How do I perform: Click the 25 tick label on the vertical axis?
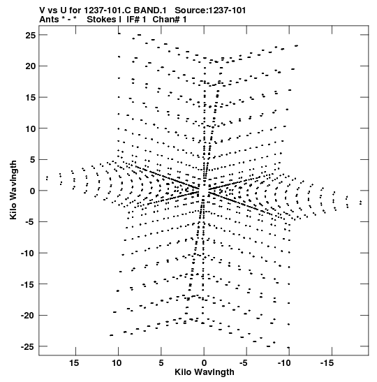point(31,36)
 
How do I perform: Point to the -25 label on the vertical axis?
point(28,346)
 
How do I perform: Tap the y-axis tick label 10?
point(31,128)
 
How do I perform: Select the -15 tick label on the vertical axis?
point(28,284)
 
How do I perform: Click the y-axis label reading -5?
point(31,222)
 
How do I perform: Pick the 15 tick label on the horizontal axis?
point(74,363)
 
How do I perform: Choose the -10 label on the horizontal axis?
point(284,363)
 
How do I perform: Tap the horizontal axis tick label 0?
point(204,363)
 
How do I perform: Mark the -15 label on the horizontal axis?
point(327,363)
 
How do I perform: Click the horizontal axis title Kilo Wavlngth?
point(205,372)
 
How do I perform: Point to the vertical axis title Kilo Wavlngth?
point(13,190)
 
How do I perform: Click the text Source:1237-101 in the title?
point(210,10)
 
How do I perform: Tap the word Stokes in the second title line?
point(101,20)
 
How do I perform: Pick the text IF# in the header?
point(133,20)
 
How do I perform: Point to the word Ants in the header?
point(48,20)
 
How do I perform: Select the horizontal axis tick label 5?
point(161,363)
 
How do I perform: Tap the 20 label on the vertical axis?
point(31,66)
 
